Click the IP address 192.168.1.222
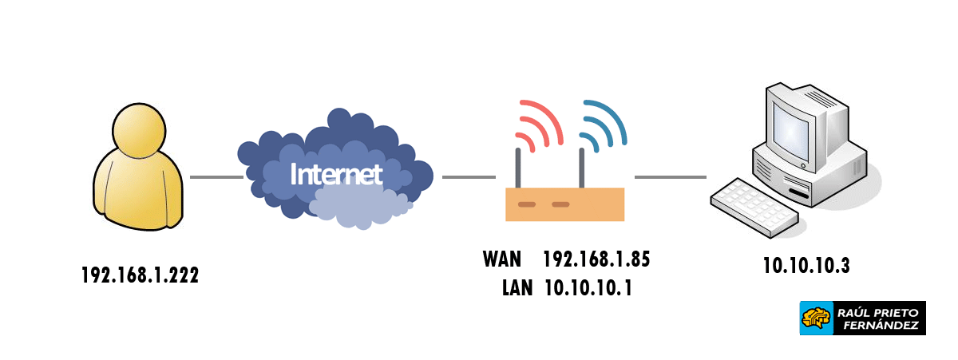tap(140, 275)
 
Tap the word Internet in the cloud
tap(336, 175)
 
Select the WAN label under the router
tap(502, 259)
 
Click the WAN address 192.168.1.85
tap(596, 259)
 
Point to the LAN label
tap(517, 287)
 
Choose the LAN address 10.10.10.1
tap(588, 287)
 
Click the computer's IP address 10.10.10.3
tap(806, 267)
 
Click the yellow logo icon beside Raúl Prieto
tap(816, 318)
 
